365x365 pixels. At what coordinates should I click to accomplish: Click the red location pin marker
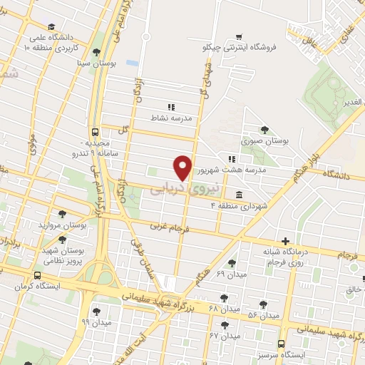point(184,166)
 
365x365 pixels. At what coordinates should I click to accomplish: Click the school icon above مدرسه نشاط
point(170,107)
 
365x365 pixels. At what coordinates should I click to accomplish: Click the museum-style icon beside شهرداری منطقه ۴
point(237,195)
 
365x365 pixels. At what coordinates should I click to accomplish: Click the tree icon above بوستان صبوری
point(264,130)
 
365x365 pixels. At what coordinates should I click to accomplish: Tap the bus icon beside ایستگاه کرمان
point(37,275)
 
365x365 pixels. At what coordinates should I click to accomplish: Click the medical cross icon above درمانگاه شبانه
point(285,241)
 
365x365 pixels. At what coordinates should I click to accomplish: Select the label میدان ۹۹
point(96,322)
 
